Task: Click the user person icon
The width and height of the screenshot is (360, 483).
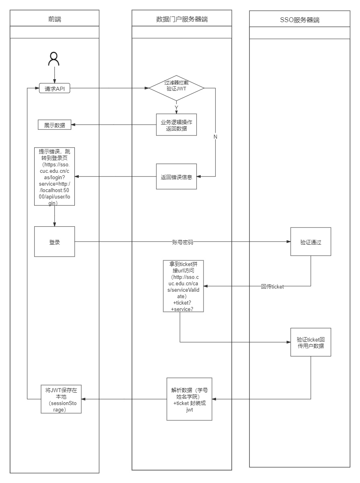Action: click(x=54, y=59)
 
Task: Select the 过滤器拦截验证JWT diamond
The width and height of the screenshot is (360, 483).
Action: click(x=177, y=88)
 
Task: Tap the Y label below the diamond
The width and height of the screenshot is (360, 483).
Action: click(x=176, y=107)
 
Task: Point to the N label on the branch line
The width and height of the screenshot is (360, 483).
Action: click(x=215, y=137)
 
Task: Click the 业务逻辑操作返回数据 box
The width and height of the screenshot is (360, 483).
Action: click(x=177, y=125)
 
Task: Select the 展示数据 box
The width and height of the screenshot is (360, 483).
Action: click(x=54, y=125)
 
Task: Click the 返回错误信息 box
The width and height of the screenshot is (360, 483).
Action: click(x=177, y=176)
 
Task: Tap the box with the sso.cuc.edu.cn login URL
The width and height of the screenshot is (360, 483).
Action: click(x=54, y=177)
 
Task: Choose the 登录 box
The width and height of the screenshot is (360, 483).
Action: click(x=54, y=242)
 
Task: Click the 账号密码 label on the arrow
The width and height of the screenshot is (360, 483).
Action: click(x=183, y=242)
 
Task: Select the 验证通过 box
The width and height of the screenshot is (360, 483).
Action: click(x=311, y=242)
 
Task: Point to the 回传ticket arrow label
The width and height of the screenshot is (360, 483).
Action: click(x=272, y=287)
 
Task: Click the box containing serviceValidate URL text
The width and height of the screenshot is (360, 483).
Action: click(x=183, y=286)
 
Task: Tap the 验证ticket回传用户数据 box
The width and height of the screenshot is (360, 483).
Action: click(x=311, y=342)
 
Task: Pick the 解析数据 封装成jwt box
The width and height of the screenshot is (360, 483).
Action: click(x=189, y=399)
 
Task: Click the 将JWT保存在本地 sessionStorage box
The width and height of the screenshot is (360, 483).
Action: click(x=61, y=399)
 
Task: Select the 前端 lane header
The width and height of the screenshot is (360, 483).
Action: click(x=54, y=18)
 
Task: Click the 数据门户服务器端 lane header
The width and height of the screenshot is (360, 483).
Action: click(x=182, y=18)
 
